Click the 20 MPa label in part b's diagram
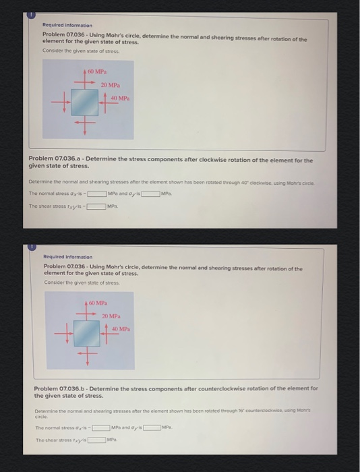pos(111,315)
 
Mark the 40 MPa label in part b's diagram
pos(122,328)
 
